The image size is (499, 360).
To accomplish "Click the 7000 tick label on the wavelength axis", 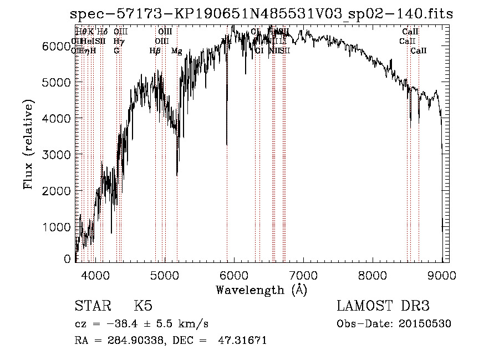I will click(303, 274).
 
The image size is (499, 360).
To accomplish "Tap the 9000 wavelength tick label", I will click(442, 274).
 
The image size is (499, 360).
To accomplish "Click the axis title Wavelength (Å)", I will click(261, 290).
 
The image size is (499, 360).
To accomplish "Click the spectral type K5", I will click(142, 306).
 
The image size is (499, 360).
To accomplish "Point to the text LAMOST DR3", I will click(383, 306).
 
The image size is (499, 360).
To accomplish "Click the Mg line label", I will click(176, 51).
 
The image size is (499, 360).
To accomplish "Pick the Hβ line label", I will click(155, 51).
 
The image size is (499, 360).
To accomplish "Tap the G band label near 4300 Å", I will click(116, 50).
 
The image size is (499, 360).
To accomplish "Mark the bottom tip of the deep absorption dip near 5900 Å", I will click(227, 145).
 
